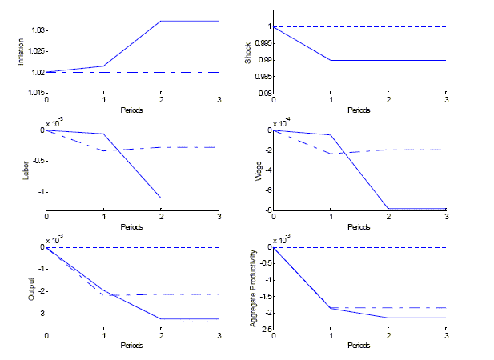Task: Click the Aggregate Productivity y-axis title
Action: tap(252, 286)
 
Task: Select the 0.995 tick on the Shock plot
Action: tap(261, 43)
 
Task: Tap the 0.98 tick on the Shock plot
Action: tap(263, 94)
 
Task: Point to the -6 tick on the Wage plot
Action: tap(267, 190)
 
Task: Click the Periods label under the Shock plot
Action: tap(359, 109)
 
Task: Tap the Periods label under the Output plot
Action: tap(132, 345)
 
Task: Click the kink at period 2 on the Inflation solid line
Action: tap(161, 21)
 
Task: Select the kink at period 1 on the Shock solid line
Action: tap(331, 60)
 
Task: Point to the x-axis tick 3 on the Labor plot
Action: tap(219, 218)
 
